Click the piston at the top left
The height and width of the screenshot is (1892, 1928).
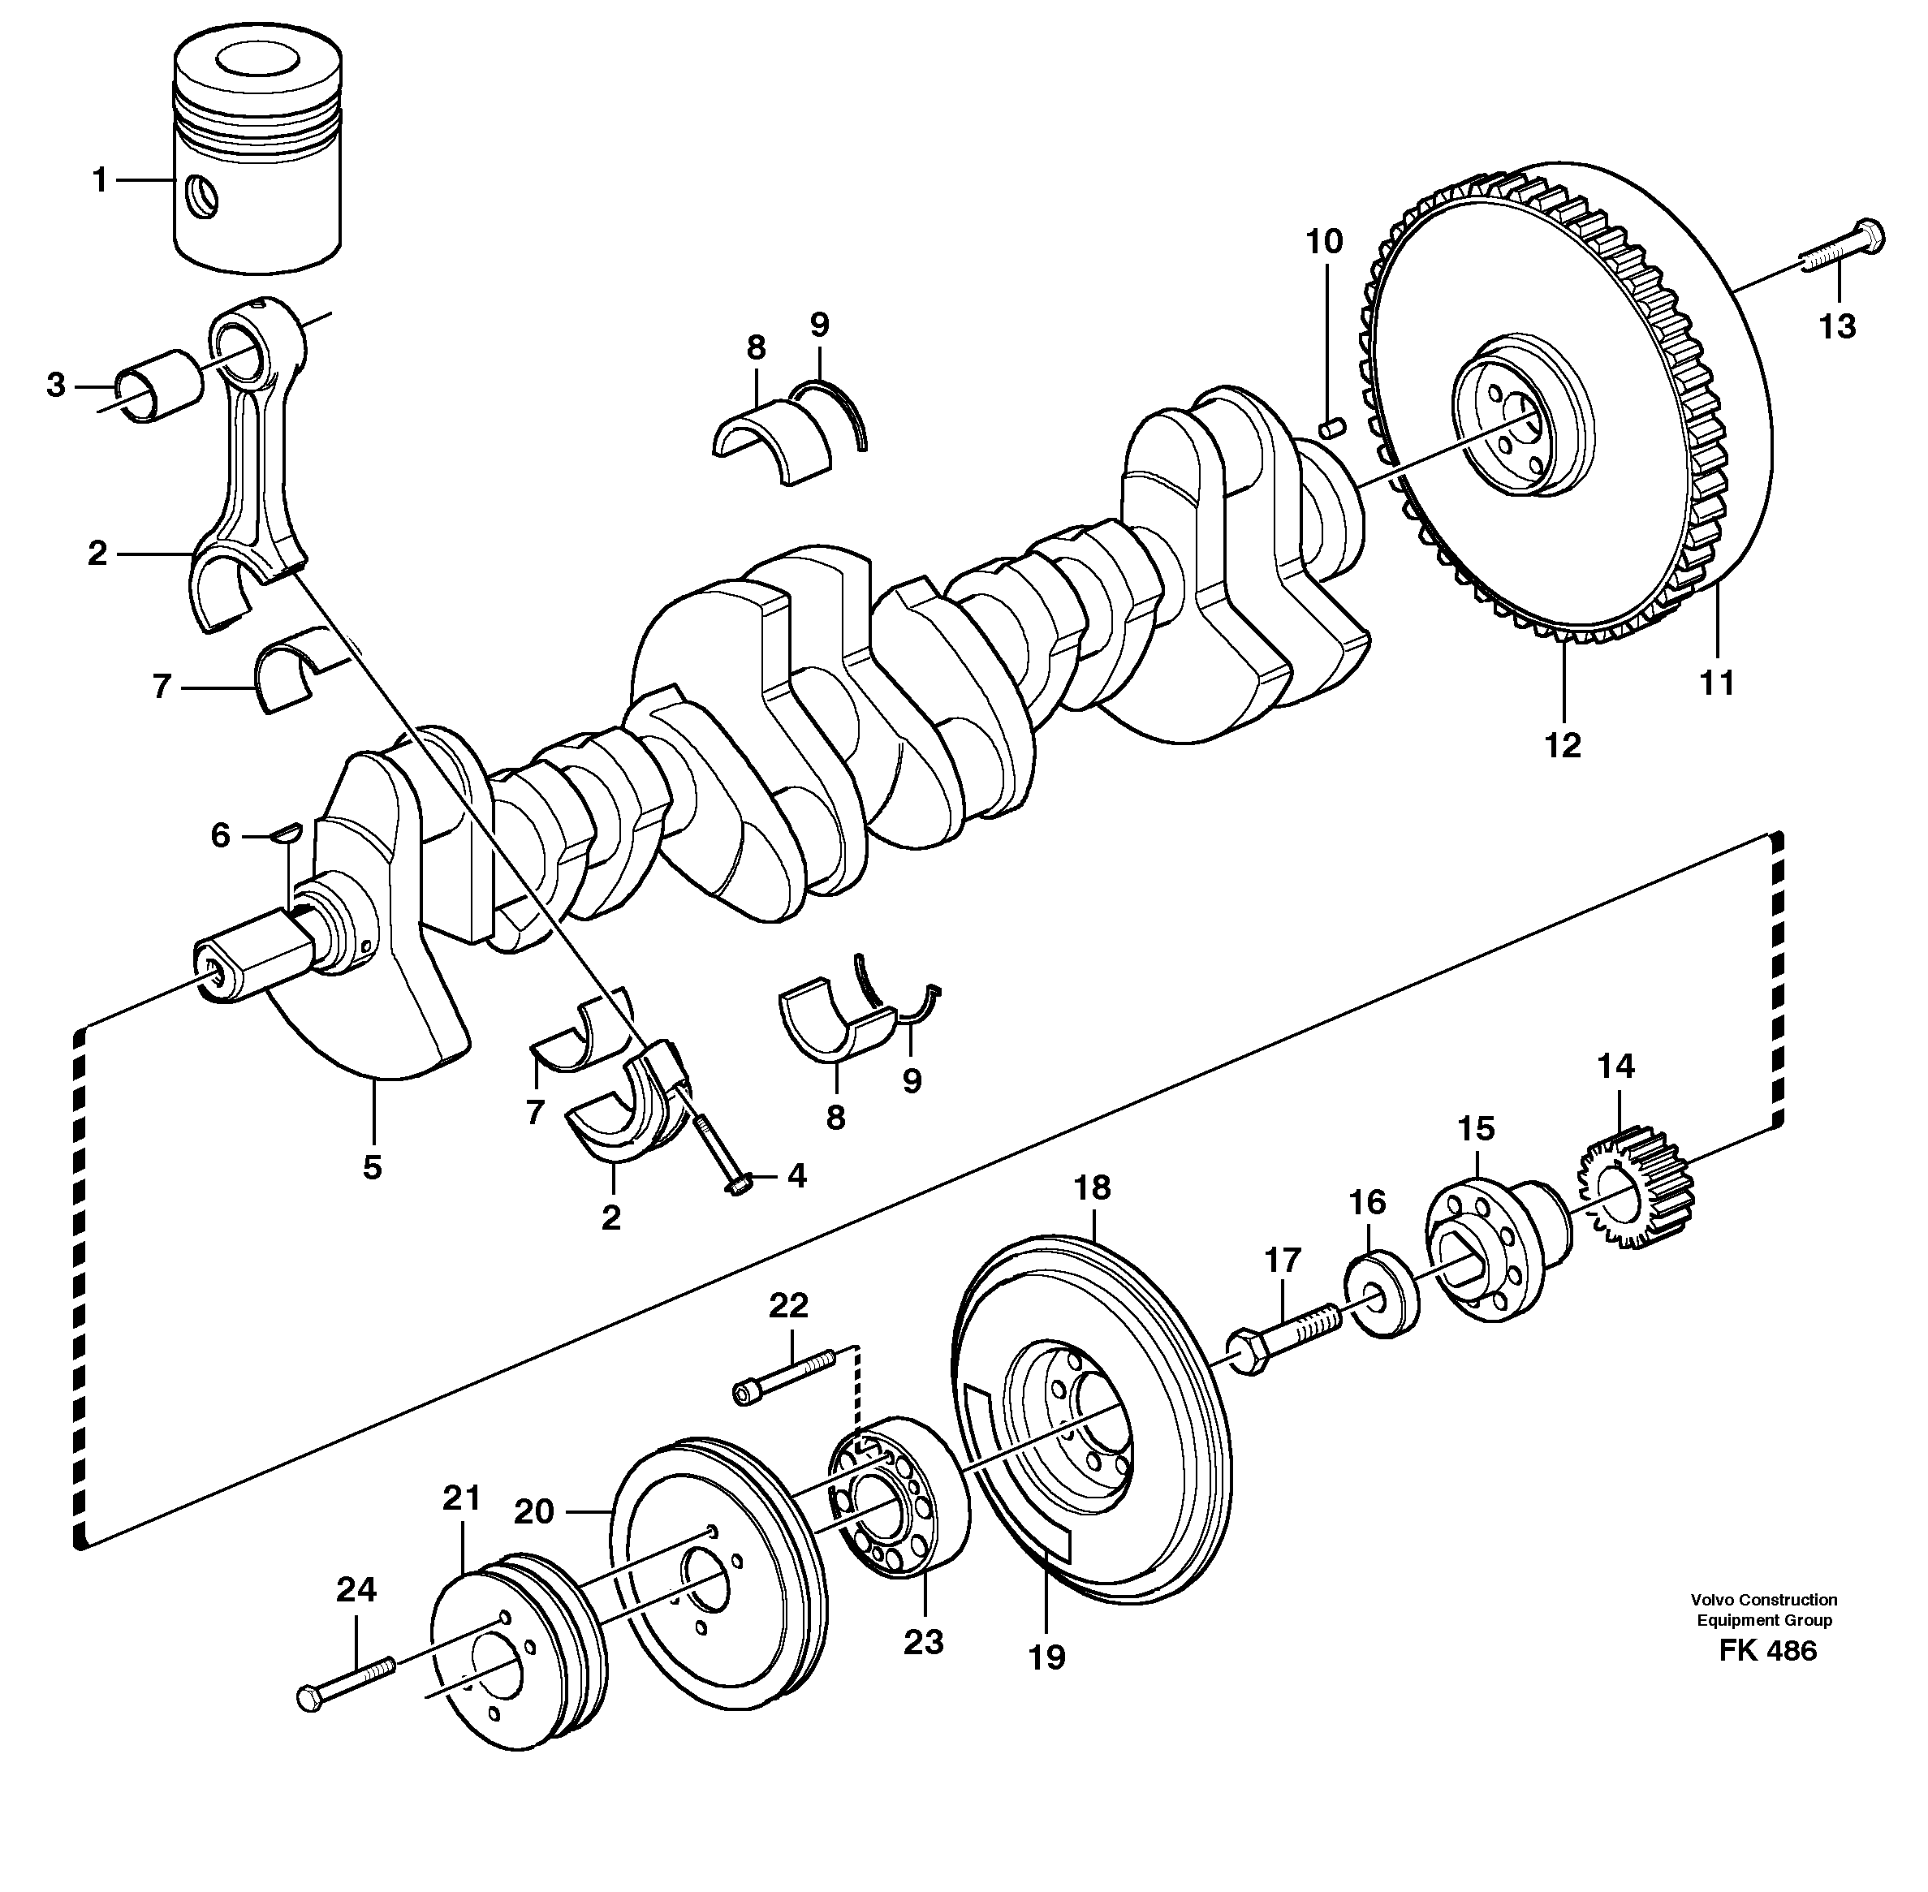257,159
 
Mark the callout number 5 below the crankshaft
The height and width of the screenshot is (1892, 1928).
373,1168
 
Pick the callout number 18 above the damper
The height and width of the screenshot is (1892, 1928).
1092,1187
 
